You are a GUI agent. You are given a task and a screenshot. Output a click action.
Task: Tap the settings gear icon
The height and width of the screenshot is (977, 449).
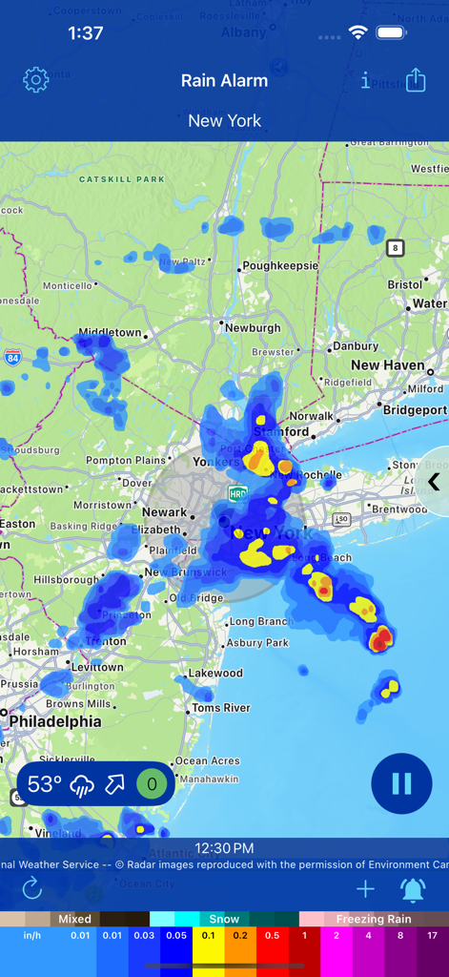coord(35,80)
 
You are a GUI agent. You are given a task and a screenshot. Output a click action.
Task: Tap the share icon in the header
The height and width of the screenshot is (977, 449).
coord(416,81)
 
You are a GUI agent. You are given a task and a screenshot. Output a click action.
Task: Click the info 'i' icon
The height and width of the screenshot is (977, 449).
coord(365,81)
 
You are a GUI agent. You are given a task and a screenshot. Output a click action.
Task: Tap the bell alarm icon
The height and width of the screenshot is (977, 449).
coord(413,890)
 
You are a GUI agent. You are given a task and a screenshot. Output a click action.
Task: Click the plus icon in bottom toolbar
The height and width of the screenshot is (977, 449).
coord(365,890)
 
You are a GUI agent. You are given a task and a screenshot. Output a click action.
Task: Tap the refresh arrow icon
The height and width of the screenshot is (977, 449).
coord(32,889)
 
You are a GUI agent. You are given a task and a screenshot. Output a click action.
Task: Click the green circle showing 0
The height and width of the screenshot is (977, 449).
coord(152,784)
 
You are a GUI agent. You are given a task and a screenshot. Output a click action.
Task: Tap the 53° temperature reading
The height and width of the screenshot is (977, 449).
coord(45,784)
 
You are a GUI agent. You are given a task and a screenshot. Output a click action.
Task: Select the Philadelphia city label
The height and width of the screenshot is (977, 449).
coord(55,721)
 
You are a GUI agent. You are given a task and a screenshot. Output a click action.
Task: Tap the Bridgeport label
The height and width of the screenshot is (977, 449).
coord(415,410)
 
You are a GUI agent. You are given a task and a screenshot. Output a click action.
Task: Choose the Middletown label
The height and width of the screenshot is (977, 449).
coord(110,333)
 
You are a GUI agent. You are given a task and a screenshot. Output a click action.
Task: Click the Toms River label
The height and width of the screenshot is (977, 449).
coord(221,708)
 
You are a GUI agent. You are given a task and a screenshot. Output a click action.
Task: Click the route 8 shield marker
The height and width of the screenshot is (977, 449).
coord(395,248)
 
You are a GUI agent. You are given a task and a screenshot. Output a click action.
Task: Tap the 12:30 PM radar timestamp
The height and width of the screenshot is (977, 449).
coord(224,848)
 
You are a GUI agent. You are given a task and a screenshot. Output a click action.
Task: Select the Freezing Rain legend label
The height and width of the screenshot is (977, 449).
coord(374,920)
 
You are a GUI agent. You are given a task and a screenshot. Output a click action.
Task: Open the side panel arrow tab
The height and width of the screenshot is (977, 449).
coord(434,482)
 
